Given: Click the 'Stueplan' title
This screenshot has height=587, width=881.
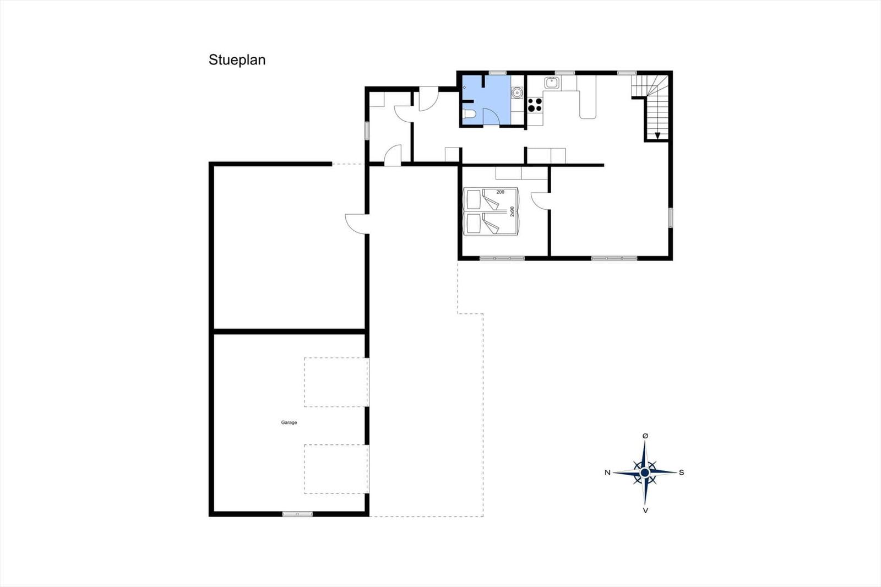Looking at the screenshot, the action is click(x=237, y=60).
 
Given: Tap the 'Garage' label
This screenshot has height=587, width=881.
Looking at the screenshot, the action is click(x=289, y=422).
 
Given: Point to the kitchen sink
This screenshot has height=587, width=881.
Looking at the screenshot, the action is click(x=552, y=83).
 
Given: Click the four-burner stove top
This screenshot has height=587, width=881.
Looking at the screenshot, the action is click(x=535, y=105).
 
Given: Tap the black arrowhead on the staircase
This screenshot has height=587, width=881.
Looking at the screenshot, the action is click(x=657, y=135).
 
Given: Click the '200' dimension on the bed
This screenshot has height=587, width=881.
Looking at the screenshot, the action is click(x=501, y=192).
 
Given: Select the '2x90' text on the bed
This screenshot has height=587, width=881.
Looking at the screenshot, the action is click(x=512, y=211).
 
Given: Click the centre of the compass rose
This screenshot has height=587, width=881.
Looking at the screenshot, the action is click(x=645, y=472).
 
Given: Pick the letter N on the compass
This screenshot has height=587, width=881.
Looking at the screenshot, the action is click(x=608, y=472).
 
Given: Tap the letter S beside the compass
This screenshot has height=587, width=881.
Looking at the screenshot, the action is click(x=682, y=472).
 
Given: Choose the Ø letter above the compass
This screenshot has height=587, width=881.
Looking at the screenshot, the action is click(x=645, y=436).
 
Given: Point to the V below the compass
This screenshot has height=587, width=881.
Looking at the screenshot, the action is click(x=645, y=510).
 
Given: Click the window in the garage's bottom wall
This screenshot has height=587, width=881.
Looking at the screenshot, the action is click(x=297, y=514).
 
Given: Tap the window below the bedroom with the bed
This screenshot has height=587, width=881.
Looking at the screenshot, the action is click(x=502, y=258).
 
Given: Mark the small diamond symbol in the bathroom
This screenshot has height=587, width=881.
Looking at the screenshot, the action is click(x=465, y=88).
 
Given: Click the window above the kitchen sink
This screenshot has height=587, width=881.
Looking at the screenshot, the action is click(x=565, y=73).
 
